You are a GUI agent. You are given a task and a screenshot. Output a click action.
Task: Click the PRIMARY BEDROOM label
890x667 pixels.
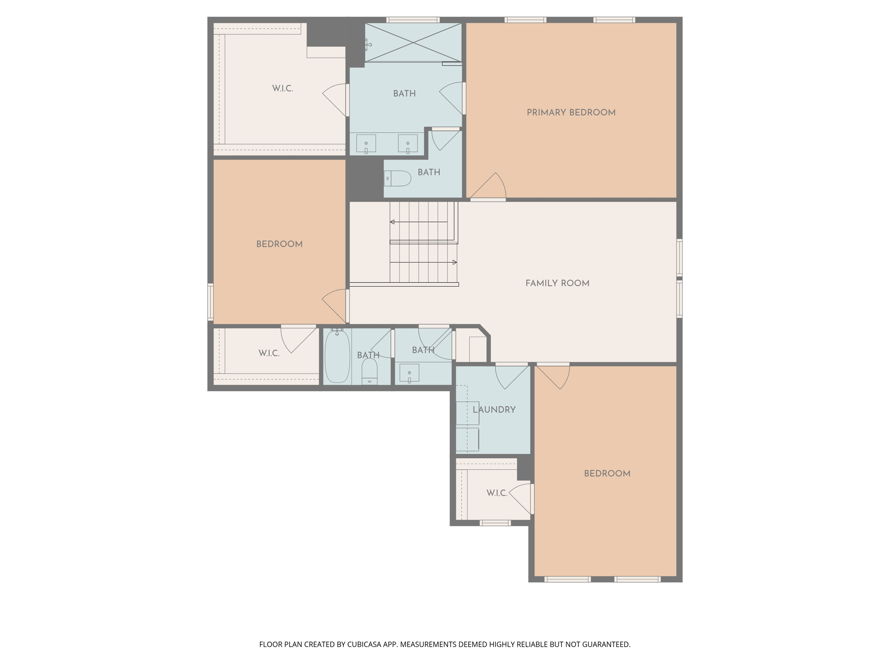[x=571, y=112]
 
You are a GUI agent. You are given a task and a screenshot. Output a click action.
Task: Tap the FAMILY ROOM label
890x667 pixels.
[x=557, y=283]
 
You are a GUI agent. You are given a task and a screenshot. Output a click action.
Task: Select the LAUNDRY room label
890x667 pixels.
[x=494, y=409]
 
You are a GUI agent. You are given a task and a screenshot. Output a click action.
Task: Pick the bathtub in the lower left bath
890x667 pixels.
[x=337, y=356]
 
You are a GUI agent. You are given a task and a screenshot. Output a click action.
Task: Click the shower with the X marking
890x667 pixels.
[x=413, y=43]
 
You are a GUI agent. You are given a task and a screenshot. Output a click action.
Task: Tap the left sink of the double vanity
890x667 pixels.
[x=366, y=143]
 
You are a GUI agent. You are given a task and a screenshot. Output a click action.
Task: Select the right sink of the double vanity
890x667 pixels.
[x=408, y=143]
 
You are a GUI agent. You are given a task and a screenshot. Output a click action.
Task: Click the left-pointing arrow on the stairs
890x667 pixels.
[x=392, y=222]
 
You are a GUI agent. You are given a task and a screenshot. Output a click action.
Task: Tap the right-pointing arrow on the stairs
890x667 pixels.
[x=455, y=262]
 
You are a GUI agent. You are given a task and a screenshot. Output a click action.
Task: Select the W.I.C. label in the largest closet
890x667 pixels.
[x=282, y=89]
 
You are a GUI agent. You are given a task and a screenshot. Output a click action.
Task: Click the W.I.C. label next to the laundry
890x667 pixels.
[x=497, y=493]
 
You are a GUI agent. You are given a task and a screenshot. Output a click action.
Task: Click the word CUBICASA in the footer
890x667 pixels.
[x=364, y=644]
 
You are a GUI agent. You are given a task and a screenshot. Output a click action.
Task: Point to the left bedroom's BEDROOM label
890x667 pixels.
[x=279, y=244]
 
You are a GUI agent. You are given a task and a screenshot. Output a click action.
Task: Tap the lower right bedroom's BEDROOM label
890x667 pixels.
[x=607, y=474]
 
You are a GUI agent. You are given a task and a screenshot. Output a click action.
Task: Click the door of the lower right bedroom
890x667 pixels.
[x=553, y=376]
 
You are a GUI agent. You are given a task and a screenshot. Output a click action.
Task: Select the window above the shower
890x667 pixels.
[x=413, y=20]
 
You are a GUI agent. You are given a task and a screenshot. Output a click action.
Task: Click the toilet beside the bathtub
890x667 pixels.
[x=369, y=372]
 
